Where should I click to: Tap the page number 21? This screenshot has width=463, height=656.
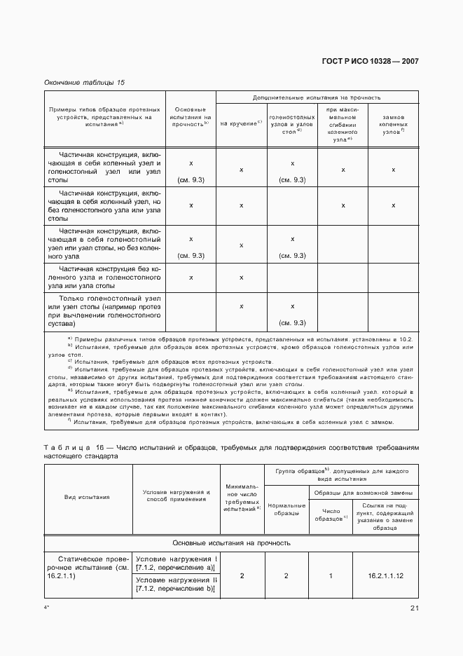414,608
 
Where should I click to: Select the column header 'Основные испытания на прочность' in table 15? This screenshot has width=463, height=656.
191,117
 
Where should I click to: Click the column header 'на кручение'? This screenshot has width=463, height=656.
241,123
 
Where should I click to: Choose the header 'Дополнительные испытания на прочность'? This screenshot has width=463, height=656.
317,98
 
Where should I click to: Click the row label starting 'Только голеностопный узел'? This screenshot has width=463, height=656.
104,312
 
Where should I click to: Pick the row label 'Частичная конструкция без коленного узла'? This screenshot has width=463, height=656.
104,278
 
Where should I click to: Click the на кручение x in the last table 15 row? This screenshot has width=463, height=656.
241,306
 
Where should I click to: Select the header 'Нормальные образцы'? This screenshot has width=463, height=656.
286,510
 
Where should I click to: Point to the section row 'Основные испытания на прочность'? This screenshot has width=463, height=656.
231,542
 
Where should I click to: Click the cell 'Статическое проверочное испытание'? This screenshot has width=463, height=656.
88,567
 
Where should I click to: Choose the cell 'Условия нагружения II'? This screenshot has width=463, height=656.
177,586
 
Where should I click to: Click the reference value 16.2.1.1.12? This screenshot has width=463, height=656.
385,575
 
